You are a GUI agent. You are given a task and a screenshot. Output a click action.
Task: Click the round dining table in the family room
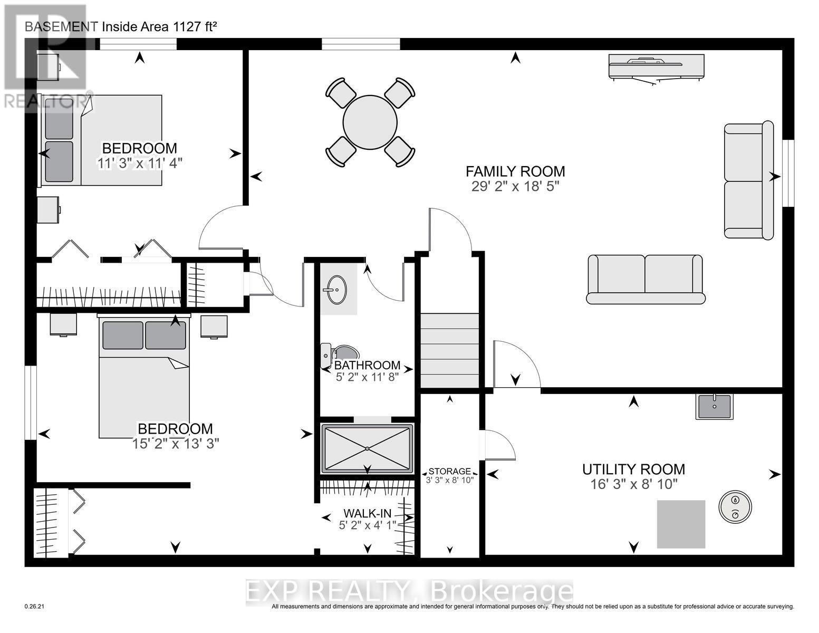click(x=369, y=122)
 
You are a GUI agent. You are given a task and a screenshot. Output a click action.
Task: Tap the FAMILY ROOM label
click(x=515, y=171)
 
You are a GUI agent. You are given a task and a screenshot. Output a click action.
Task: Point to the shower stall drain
click(x=367, y=448)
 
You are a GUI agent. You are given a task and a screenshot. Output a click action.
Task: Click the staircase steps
click(x=449, y=351)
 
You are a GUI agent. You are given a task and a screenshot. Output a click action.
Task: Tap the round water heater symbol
click(x=735, y=507)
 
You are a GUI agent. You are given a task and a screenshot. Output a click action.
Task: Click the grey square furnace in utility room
click(x=681, y=524)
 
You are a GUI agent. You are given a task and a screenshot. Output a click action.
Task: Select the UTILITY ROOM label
click(x=633, y=469)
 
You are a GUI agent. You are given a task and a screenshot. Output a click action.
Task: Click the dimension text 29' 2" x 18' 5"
click(x=515, y=186)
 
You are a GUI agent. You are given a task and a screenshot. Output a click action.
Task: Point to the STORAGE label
click(x=449, y=471)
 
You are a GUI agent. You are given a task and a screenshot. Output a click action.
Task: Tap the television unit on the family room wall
click(x=656, y=67)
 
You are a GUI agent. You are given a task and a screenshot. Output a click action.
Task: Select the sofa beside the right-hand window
click(x=748, y=180)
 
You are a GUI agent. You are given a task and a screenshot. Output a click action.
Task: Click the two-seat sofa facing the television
click(x=645, y=279)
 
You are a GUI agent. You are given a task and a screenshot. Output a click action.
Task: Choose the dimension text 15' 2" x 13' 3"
click(x=176, y=444)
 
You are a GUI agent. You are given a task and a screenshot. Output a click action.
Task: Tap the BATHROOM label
click(x=368, y=366)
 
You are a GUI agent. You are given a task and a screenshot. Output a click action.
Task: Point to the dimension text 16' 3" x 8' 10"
click(x=633, y=484)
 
